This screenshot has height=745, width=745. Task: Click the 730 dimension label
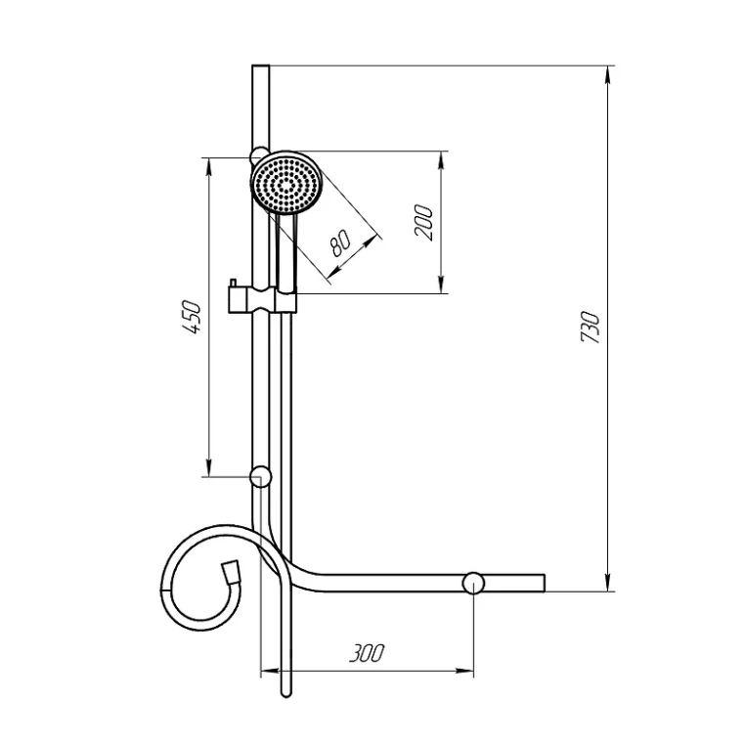(x=590, y=326)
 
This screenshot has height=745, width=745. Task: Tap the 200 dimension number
(x=422, y=223)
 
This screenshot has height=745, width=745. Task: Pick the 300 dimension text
(x=367, y=653)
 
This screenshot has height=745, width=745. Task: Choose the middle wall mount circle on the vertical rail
(x=260, y=477)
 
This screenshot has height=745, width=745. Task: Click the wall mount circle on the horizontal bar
(x=473, y=584)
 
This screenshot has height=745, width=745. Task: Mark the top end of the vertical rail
(x=260, y=68)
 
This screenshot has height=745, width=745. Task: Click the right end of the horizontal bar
(x=541, y=584)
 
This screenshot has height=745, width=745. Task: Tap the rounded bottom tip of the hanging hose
(x=286, y=693)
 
